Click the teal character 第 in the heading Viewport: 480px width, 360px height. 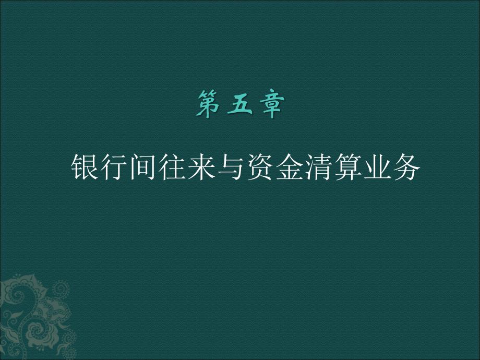coord(209,104)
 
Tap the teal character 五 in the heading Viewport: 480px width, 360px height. coord(240,104)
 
